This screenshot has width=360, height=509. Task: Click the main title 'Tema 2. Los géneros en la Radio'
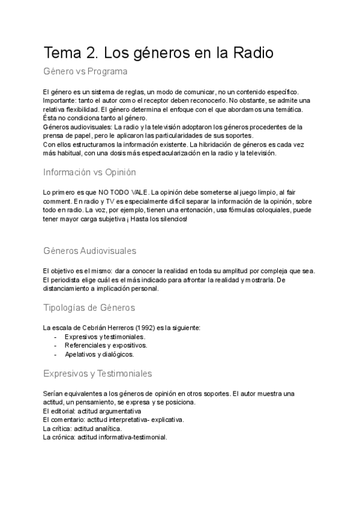pyautogui.click(x=158, y=53)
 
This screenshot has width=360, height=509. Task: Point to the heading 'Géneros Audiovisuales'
pyautogui.click(x=90, y=250)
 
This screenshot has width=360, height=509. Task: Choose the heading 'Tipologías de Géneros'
pyautogui.click(x=89, y=308)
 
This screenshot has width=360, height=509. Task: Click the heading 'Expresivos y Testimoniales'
pyautogui.click(x=97, y=373)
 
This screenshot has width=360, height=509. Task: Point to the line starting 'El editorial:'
pyautogui.click(x=92, y=411)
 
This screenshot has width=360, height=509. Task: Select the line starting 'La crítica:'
pyautogui.click(x=82, y=429)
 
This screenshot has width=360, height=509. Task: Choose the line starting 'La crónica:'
pyautogui.click(x=105, y=438)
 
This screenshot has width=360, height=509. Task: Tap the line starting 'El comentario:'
pyautogui.click(x=113, y=420)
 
